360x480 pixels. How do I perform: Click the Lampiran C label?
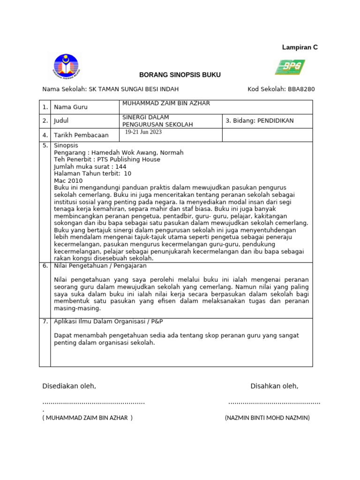tap(300, 47)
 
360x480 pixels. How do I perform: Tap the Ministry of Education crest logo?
tap(66, 67)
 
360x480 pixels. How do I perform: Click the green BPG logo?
tap(290, 67)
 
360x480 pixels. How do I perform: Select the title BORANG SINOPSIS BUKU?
tap(180, 75)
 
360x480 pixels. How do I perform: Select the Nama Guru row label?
tap(71, 107)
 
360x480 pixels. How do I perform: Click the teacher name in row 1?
tap(166, 103)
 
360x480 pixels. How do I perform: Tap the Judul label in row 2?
tap(61, 121)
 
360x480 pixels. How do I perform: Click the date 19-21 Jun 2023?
tap(143, 132)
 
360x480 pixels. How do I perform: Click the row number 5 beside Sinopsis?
tap(45, 146)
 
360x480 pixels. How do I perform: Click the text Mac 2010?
tap(68, 180)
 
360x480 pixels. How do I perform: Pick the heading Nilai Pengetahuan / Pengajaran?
tap(100, 266)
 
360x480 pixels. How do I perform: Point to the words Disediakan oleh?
tap(69, 386)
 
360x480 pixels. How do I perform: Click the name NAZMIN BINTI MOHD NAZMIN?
tap(267, 418)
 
